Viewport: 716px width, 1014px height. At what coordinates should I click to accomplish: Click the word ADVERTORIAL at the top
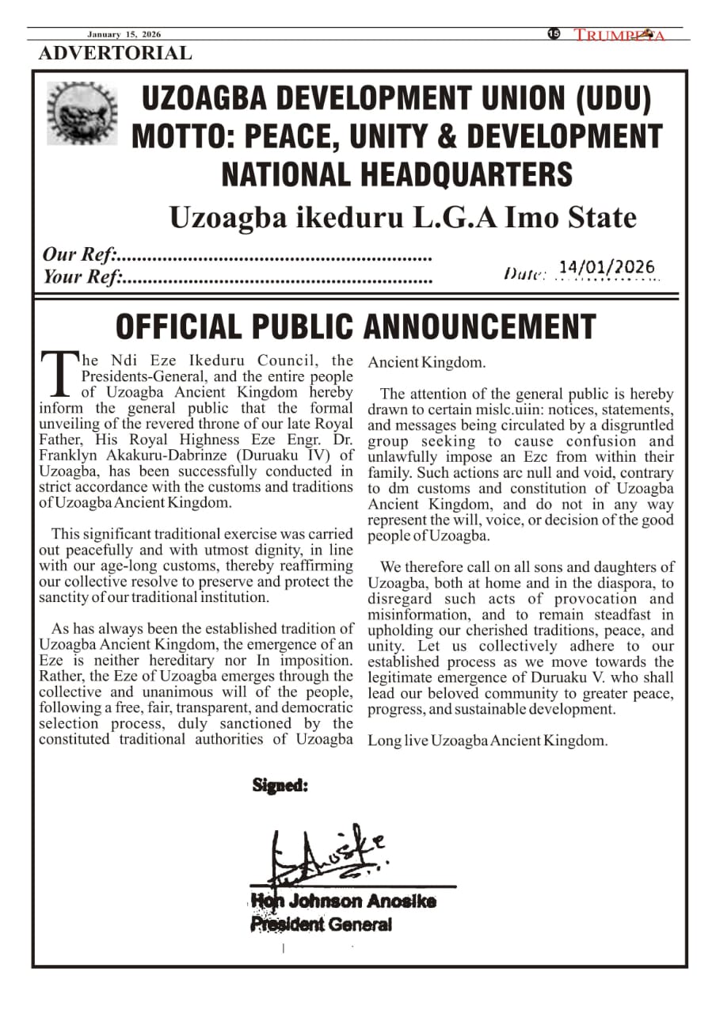click(x=115, y=54)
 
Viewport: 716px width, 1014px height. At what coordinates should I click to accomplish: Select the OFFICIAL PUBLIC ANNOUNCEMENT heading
click(x=356, y=326)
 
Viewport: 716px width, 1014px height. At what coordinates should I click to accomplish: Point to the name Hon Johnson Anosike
click(x=343, y=902)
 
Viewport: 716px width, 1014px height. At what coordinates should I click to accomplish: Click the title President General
click(x=321, y=924)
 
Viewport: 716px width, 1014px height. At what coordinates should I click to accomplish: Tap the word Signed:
click(x=280, y=785)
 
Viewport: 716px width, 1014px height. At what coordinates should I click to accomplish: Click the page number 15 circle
click(x=554, y=33)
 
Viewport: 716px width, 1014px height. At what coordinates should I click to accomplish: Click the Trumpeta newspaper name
click(x=619, y=35)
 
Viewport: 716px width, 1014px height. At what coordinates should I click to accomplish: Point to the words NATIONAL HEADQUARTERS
click(x=397, y=173)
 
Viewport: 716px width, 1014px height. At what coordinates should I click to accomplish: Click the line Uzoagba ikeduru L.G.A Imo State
click(x=402, y=217)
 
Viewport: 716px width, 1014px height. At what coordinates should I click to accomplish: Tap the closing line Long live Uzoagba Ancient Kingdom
click(x=487, y=741)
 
